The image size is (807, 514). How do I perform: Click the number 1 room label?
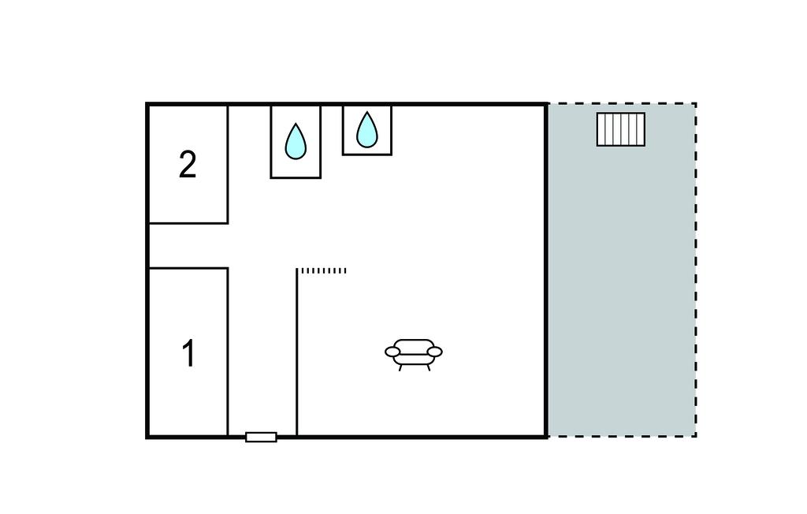(189, 353)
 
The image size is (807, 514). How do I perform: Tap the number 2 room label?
(188, 165)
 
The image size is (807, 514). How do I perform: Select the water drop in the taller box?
(296, 141)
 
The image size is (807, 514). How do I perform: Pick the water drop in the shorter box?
(367, 129)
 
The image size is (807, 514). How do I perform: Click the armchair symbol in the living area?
(414, 355)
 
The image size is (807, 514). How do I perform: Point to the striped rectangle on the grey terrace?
(621, 129)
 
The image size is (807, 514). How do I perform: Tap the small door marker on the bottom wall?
(261, 438)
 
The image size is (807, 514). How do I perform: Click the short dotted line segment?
(322, 270)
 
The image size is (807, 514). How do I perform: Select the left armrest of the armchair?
(392, 352)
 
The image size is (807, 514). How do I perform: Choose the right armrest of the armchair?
(435, 352)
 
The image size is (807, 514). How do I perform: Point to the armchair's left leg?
(400, 367)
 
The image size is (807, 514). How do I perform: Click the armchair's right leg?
(428, 367)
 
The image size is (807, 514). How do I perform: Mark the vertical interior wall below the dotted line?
(297, 353)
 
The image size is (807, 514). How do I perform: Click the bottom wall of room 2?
(188, 223)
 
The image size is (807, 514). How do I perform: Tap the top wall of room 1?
(188, 268)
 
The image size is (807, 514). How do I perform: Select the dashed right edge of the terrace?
(696, 270)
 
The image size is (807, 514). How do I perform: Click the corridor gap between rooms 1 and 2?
(188, 246)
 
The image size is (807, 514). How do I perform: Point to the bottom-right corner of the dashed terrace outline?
(696, 437)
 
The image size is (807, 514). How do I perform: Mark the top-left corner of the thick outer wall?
(147, 105)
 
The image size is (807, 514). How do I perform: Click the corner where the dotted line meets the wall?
(297, 270)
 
